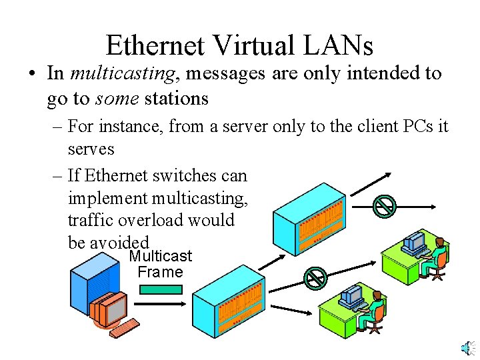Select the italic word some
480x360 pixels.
point(117,99)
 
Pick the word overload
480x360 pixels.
point(159,220)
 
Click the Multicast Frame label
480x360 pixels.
point(160,264)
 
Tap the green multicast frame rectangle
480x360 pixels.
point(160,289)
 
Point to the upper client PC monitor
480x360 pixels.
point(415,240)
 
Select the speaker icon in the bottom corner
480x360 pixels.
point(467,348)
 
